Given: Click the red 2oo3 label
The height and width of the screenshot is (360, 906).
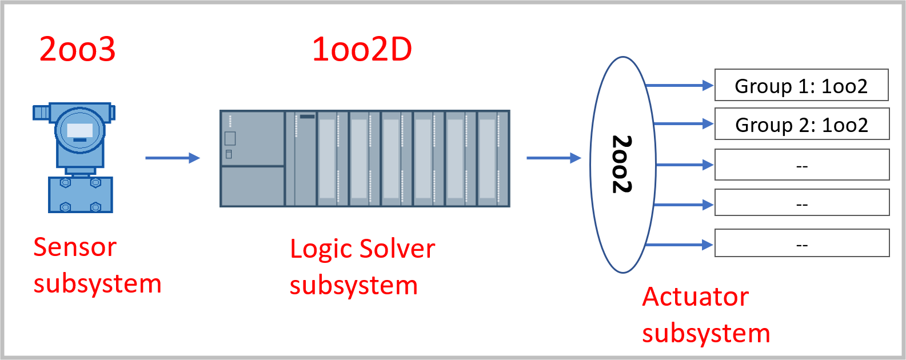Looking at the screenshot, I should point(77,49).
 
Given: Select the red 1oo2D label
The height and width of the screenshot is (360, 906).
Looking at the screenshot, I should point(362,49).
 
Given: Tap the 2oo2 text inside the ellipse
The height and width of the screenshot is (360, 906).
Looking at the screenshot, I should point(622,165).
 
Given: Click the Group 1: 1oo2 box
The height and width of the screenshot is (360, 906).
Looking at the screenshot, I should point(801,85).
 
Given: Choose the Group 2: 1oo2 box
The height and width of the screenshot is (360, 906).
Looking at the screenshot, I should point(801,124).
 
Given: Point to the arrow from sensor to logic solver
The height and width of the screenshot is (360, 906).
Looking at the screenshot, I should point(172,158).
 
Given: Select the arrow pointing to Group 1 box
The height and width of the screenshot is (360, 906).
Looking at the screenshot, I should point(679,86).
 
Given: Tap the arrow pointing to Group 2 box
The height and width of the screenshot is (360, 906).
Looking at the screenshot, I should point(683,123).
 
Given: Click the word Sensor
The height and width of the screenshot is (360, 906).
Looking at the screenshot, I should point(75,247).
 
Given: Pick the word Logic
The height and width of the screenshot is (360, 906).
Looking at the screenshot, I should point(320,249).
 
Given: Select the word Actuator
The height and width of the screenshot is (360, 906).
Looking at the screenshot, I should point(695,297).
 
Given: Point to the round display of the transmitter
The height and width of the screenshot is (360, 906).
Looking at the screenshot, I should point(80,131).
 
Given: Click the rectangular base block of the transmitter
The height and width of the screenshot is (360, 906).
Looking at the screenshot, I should point(80,195).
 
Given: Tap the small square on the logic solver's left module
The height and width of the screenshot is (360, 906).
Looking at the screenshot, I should point(230,138).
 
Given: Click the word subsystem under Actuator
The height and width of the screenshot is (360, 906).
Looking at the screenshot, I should point(706,333).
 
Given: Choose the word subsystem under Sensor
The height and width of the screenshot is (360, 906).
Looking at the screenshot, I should point(97,284).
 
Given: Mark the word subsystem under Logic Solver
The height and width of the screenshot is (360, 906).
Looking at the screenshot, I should point(353,285).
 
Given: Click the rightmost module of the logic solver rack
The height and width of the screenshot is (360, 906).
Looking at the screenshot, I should point(493,158).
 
